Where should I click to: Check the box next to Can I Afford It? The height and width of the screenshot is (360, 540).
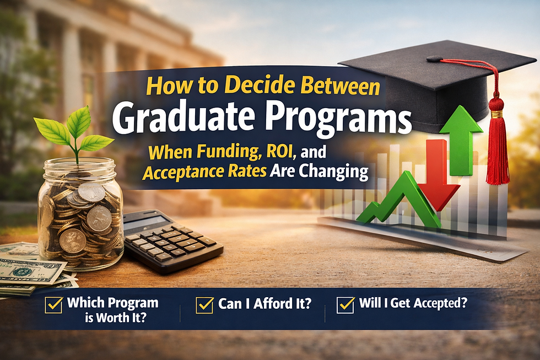click(205, 304)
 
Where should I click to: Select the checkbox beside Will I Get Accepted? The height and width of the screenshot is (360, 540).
click(345, 304)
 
